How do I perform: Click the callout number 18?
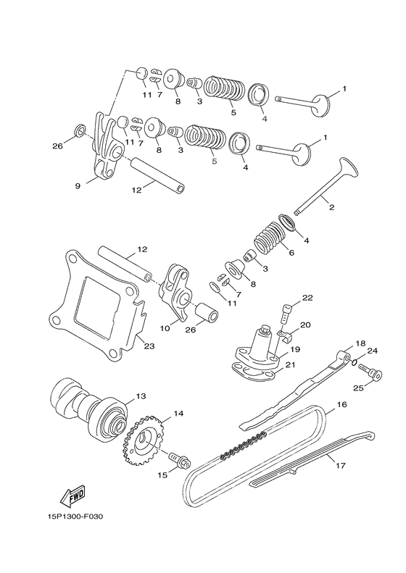coord(360,343)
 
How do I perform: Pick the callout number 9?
coord(77,186)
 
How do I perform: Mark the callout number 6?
coord(291,254)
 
